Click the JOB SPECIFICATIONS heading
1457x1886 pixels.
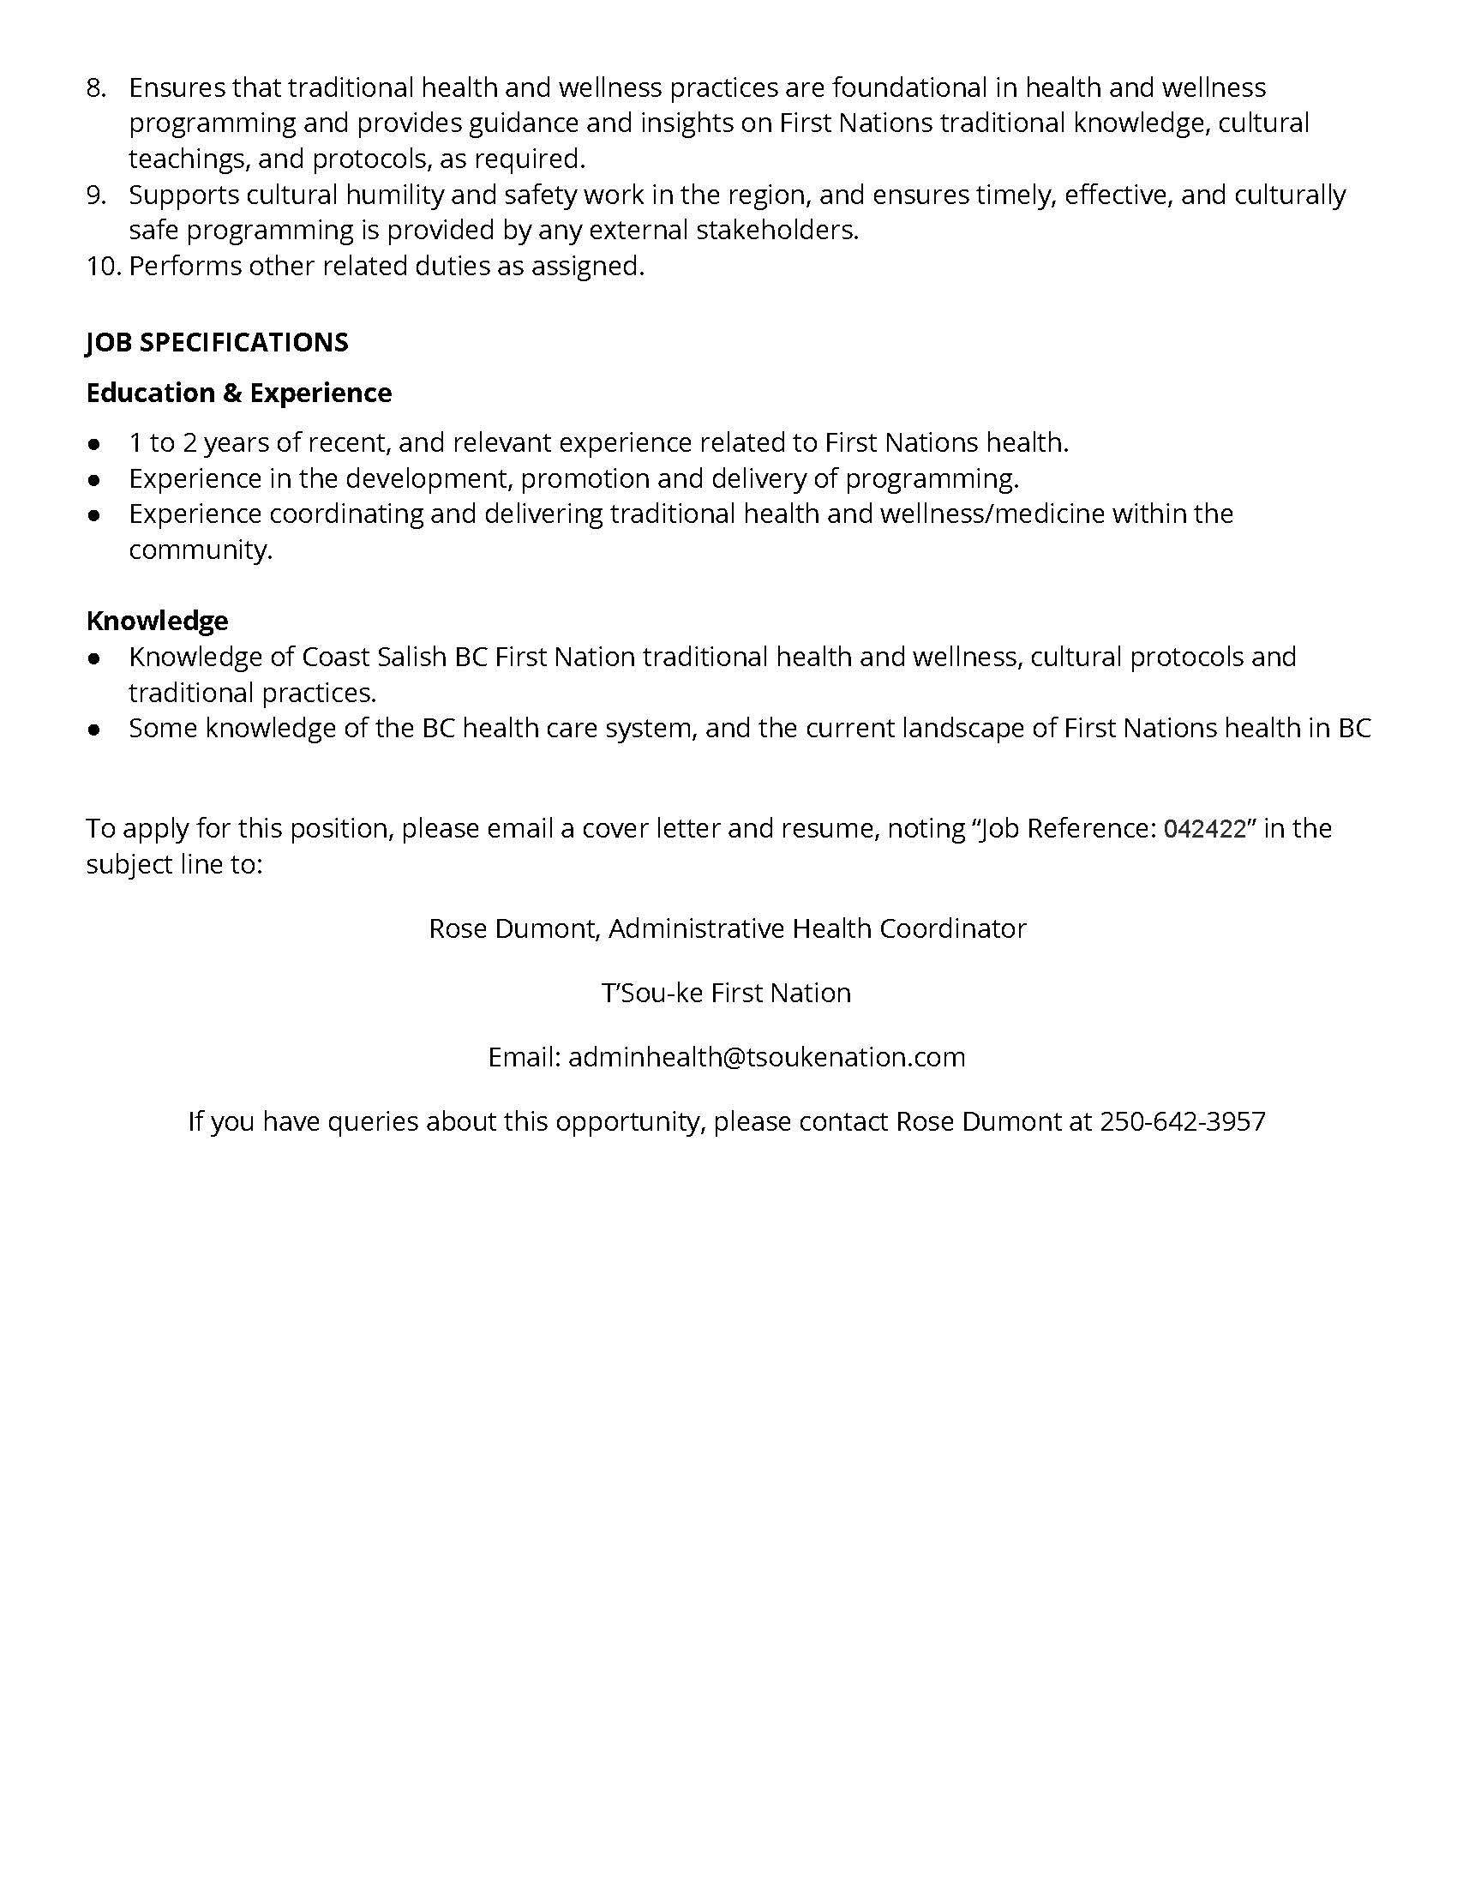(217, 343)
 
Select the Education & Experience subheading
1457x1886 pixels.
(238, 393)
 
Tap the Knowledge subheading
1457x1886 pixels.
(157, 620)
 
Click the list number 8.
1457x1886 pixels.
(95, 88)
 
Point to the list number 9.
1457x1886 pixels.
(95, 195)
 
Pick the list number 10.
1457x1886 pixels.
(103, 266)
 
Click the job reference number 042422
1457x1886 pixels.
(1205, 829)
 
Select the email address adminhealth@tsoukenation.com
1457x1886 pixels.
(766, 1057)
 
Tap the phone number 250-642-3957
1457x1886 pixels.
(1182, 1122)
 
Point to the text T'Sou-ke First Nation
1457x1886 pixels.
(726, 993)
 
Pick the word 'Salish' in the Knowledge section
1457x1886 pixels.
(411, 658)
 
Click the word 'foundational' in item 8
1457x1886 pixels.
(908, 88)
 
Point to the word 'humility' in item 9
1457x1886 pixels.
(393, 195)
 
